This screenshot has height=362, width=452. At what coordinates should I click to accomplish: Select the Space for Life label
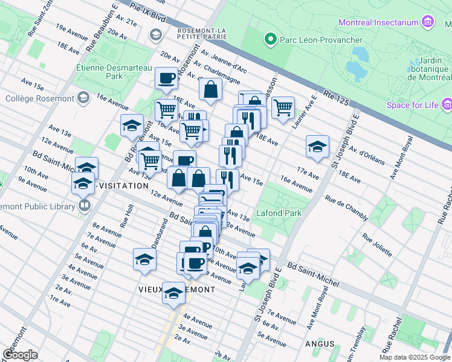(413, 105)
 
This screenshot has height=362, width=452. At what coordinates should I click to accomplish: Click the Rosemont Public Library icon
(84, 206)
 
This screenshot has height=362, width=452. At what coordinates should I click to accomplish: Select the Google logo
(20, 355)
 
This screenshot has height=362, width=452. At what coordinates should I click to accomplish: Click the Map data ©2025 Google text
(415, 357)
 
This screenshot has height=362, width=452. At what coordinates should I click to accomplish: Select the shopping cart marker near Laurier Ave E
(283, 107)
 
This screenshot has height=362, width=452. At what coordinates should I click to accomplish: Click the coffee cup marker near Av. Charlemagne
(166, 77)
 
